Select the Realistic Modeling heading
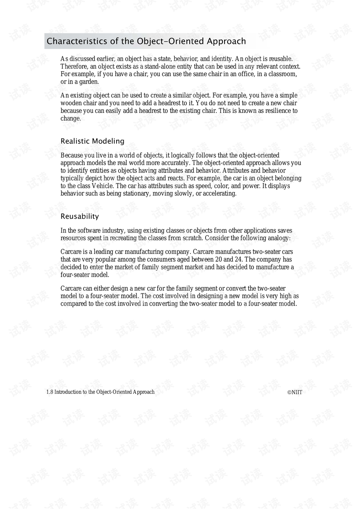click(x=92, y=141)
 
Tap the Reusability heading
click(x=79, y=216)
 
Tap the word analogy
click(x=277, y=238)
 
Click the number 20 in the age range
click(x=219, y=260)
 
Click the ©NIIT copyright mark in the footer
click(x=295, y=392)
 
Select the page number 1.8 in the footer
click(x=49, y=392)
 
